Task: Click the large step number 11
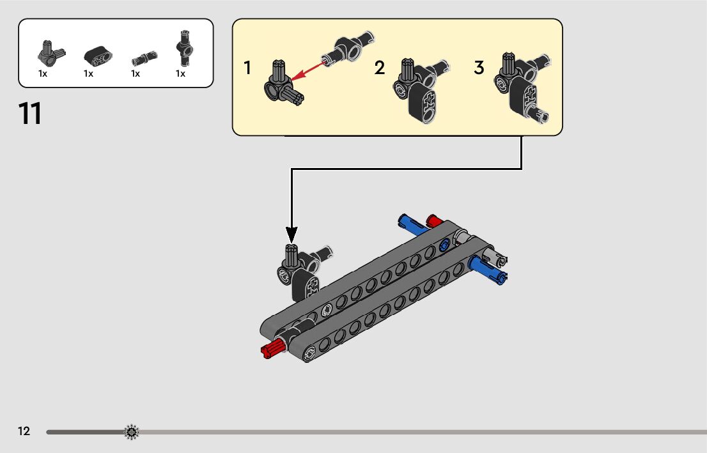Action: pos(31,114)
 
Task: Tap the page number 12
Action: pos(24,432)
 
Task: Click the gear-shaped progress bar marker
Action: pos(131,433)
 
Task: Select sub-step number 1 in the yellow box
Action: pos(247,68)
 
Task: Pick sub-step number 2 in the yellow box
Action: pos(380,68)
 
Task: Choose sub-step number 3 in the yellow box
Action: pos(479,68)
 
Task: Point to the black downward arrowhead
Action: pos(291,234)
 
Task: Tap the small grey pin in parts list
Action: pos(139,59)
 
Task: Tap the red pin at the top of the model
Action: pos(435,221)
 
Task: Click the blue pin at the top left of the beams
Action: pos(410,222)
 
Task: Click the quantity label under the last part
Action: pos(181,74)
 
